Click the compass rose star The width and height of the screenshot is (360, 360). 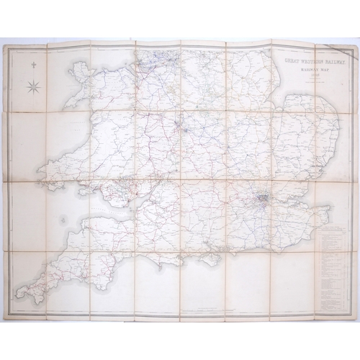pyautogui.click(x=32, y=89)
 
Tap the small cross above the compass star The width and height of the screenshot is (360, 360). pyautogui.click(x=32, y=67)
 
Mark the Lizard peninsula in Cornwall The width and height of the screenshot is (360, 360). pyautogui.click(x=34, y=302)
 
